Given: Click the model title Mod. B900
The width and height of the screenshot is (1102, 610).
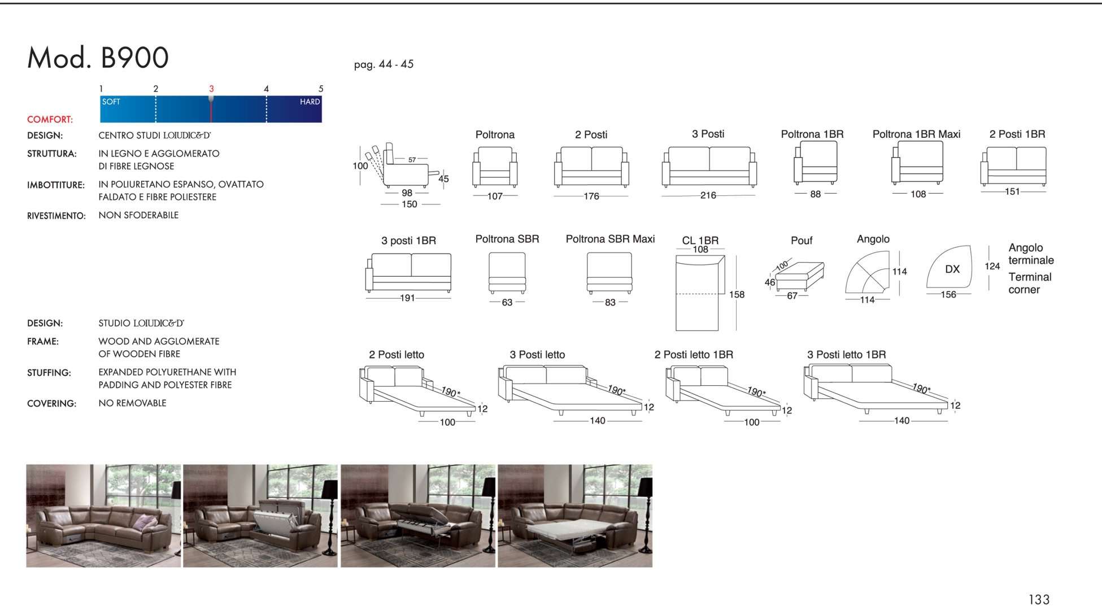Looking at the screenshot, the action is point(98,58).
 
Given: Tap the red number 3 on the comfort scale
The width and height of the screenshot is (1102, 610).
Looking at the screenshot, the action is point(211,89).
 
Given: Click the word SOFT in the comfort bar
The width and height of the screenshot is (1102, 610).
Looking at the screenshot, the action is point(111,102).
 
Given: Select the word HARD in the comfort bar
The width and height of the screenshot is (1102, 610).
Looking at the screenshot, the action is point(310,102).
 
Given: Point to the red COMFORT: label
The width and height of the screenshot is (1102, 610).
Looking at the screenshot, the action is point(50,120).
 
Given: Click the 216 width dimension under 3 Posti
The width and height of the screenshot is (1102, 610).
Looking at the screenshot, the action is point(708,195).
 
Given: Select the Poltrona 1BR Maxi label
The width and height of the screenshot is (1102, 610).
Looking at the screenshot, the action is point(916,134).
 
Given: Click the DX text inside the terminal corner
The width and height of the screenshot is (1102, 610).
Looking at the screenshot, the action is point(952,269).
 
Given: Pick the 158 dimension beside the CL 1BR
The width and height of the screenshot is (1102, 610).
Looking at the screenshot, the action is point(737,295).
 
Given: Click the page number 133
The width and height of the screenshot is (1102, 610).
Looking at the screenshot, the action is point(1039,599).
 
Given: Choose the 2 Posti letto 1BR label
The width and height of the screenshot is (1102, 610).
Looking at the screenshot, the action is point(694,355).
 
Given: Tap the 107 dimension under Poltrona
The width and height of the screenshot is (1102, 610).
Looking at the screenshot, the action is point(495,196).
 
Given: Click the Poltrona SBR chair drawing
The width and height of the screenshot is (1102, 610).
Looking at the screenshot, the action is point(507,273).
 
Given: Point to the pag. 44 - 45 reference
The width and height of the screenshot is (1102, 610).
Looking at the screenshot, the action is point(384,64).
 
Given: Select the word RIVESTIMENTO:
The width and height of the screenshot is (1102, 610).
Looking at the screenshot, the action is point(56,216).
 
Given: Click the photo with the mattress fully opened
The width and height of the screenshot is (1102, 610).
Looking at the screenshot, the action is point(575,516).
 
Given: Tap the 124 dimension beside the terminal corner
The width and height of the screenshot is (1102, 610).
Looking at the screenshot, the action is point(992,266).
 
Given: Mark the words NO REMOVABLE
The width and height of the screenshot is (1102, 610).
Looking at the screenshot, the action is point(132,403).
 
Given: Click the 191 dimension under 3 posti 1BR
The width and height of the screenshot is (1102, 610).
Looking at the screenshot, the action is point(407,298).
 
